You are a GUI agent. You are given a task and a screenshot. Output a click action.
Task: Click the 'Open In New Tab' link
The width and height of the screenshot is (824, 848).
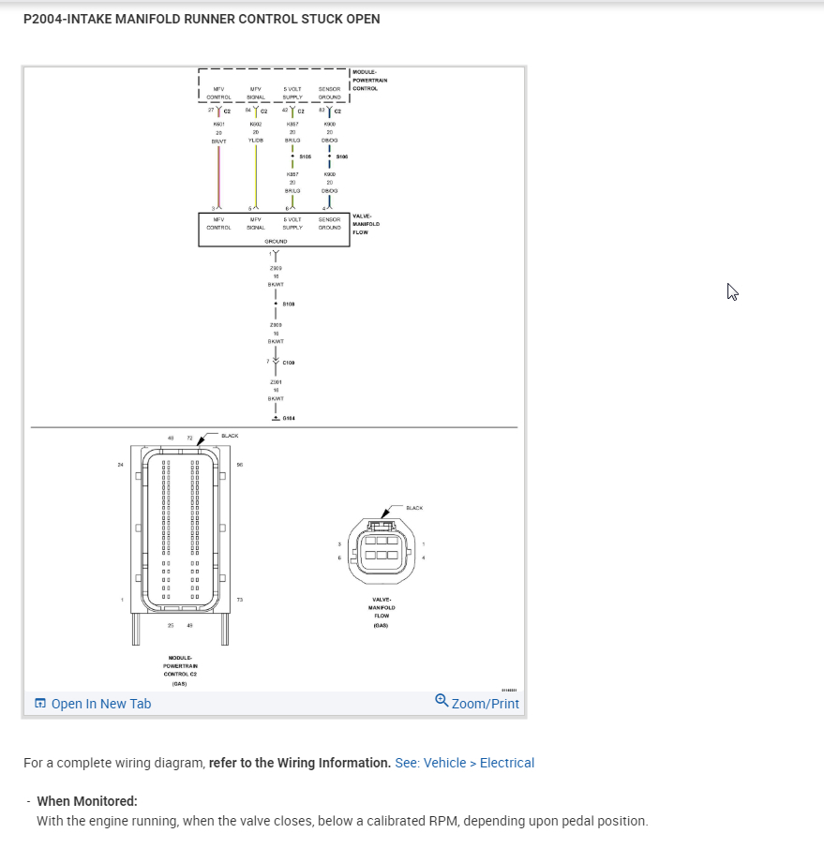coord(92,704)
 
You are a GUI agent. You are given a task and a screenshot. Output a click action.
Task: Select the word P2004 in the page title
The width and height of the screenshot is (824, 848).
coord(42,19)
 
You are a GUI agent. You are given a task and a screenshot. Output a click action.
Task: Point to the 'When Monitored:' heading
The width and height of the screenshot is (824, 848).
coord(87,801)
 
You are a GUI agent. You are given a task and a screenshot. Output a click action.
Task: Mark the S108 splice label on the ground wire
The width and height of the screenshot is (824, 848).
coord(289,304)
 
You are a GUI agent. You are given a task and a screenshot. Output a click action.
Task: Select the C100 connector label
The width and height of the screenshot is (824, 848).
coord(289,363)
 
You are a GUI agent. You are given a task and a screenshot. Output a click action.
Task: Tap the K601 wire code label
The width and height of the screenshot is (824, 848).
coord(218,124)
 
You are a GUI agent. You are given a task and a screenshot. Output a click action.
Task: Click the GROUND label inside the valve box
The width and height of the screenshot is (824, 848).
coord(275,241)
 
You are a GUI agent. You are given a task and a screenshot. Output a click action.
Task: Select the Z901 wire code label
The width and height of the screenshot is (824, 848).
coord(276,382)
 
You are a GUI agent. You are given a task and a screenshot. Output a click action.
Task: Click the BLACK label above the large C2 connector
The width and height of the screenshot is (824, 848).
coord(230,436)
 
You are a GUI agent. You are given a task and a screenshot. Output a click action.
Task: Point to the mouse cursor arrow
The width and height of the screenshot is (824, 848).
coord(732,291)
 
